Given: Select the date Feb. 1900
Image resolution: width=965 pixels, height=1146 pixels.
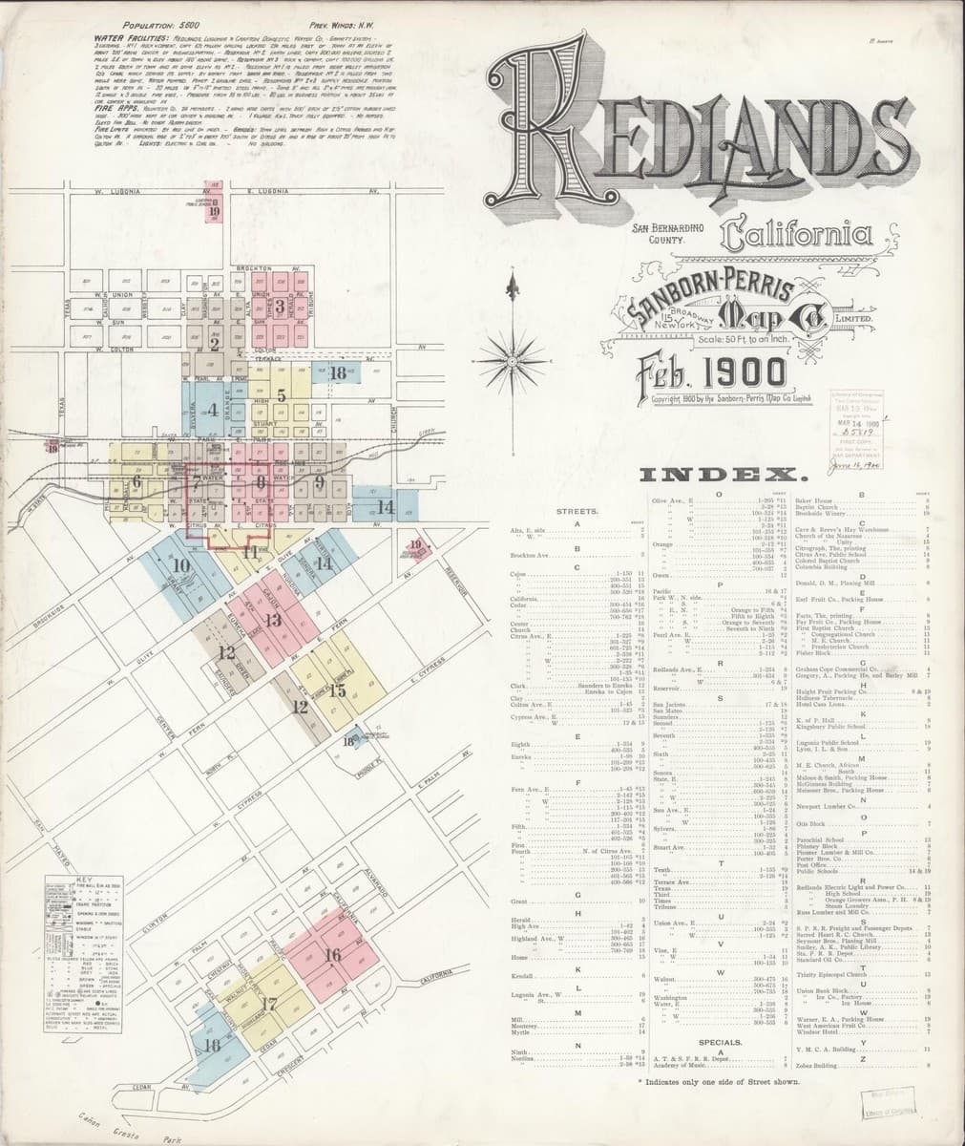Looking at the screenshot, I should click(x=703, y=372).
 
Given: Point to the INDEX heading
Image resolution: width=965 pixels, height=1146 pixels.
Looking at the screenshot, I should click(x=721, y=475).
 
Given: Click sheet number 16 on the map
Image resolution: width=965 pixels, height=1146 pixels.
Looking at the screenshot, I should click(x=333, y=955).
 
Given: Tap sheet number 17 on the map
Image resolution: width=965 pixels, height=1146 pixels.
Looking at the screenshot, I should click(x=269, y=1004).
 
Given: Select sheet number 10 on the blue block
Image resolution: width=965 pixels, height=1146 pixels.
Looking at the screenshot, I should click(x=181, y=565).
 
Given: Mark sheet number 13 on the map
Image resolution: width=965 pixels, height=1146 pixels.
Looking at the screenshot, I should click(x=273, y=621).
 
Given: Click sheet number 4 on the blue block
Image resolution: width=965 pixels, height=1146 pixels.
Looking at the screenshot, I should click(x=213, y=410).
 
